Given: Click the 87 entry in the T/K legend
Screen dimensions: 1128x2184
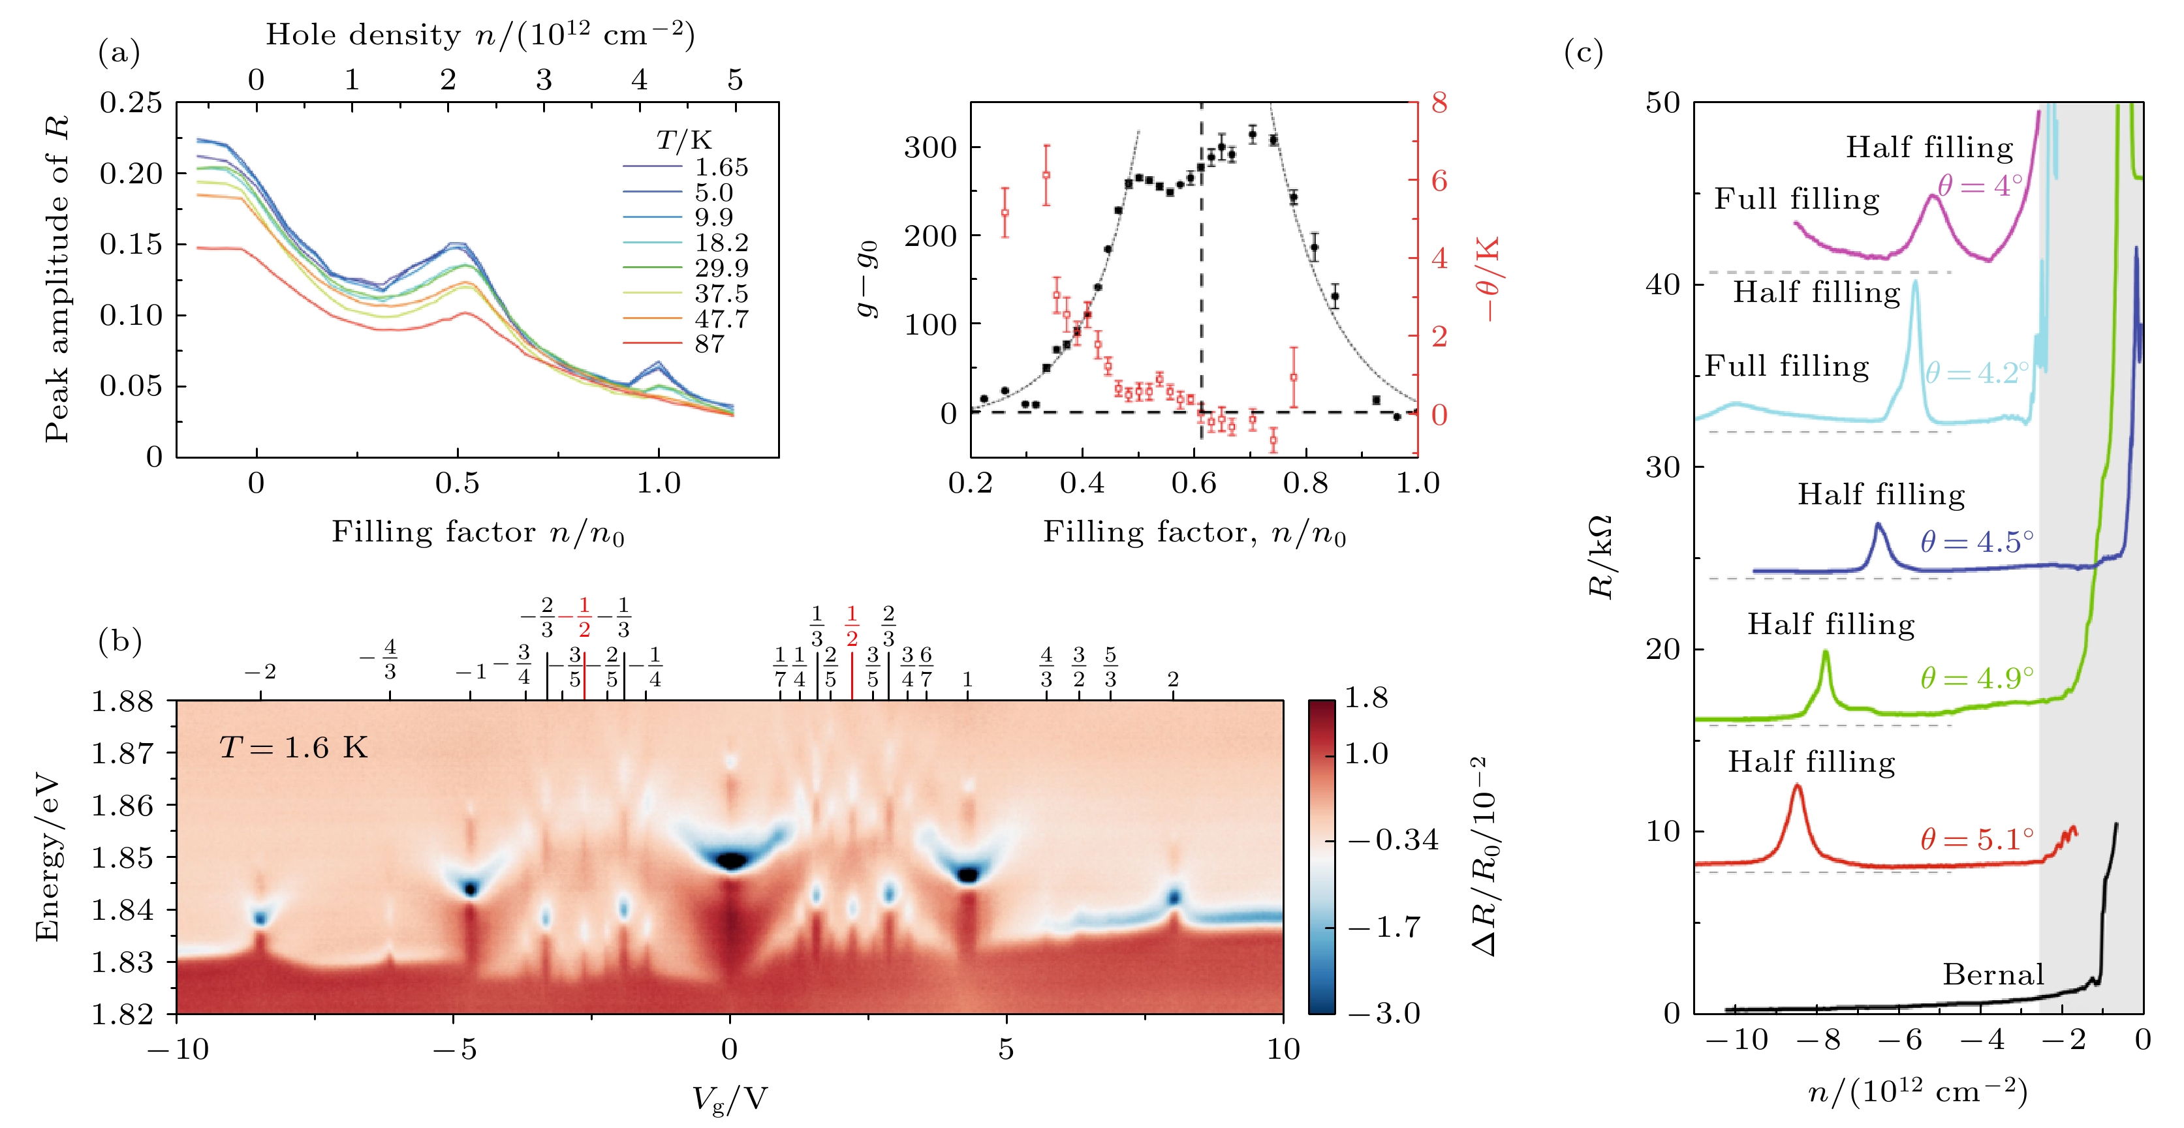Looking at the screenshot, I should pos(710,344).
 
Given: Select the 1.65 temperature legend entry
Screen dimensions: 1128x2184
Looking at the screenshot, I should pos(721,167).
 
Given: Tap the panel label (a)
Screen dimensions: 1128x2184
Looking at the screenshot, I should pos(119,53).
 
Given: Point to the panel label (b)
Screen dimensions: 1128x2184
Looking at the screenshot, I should pos(119,641).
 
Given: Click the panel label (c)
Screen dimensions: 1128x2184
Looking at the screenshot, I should pos(1583,53).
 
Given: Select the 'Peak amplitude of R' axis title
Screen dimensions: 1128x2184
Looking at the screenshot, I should pos(57,280).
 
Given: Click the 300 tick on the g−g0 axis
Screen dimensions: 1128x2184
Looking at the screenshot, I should pos(930,147).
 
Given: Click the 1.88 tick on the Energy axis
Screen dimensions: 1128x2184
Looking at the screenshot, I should pos(123,702).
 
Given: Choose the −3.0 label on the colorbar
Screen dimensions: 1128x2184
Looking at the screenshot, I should pos(1384,1013).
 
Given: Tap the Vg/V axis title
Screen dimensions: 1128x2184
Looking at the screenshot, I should pos(729,1099).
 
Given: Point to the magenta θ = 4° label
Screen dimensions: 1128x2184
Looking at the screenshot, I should pos(1980,185).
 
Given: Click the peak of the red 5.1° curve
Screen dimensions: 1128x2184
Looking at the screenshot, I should pos(1796,785).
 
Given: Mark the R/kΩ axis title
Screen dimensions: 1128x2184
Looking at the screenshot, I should pos(1600,556).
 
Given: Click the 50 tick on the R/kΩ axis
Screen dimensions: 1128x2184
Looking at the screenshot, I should pos(1662,103).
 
